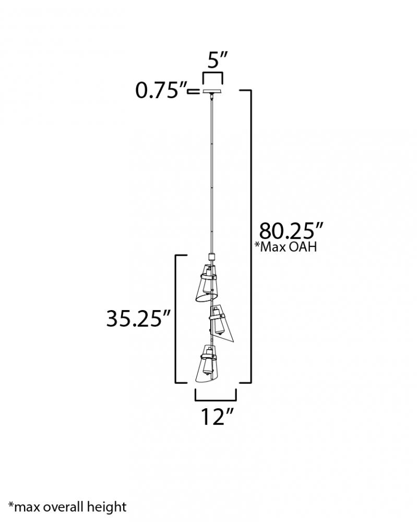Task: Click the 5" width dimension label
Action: [217, 60]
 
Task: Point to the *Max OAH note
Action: [285, 247]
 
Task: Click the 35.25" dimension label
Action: [138, 318]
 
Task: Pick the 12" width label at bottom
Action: [217, 417]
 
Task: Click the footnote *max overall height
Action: [67, 507]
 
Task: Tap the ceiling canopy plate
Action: [212, 91]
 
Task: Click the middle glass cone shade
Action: [221, 322]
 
